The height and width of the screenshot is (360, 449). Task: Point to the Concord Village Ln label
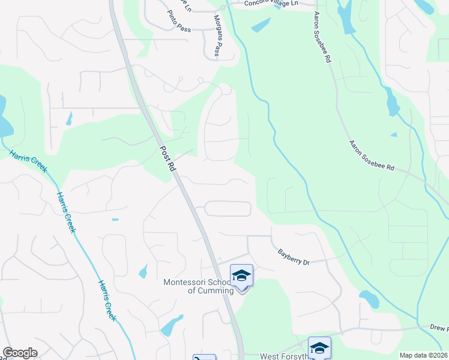pyautogui.click(x=271, y=4)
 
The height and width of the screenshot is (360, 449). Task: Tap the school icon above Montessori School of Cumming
pyautogui.click(x=241, y=276)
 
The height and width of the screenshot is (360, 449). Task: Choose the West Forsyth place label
pyautogui.click(x=285, y=356)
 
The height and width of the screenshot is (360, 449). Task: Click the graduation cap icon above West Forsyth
pyautogui.click(x=319, y=348)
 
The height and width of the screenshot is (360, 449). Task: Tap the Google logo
pyautogui.click(x=20, y=353)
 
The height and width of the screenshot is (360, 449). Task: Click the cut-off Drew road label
pyautogui.click(x=439, y=329)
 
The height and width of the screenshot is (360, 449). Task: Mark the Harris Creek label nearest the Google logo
pyautogui.click(x=107, y=300)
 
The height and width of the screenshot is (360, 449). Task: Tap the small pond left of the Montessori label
pyautogui.click(x=143, y=271)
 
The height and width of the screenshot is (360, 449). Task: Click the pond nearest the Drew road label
pyautogui.click(x=369, y=298)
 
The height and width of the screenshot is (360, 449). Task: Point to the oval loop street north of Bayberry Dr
pyautogui.click(x=228, y=209)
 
